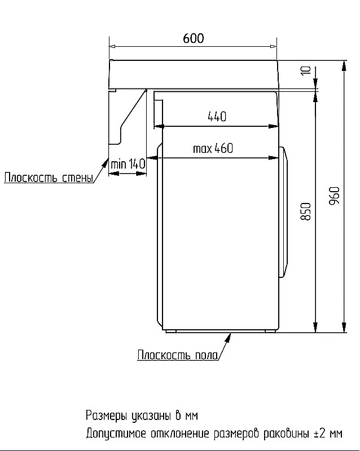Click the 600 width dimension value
tap(193, 38)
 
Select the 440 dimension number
tap(217, 117)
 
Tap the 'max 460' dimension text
tap(213, 149)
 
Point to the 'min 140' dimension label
tap(128, 164)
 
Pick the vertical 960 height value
tap(334, 195)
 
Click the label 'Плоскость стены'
tap(48, 179)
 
